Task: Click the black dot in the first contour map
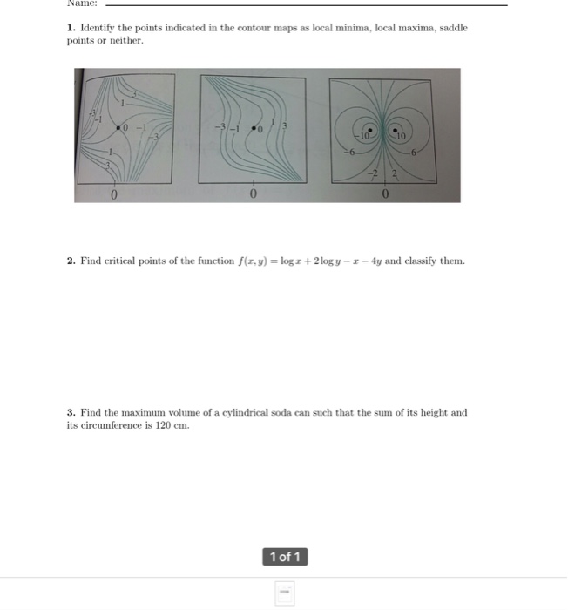click(x=119, y=128)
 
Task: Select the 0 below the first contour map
click(x=114, y=193)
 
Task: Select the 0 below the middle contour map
click(x=253, y=193)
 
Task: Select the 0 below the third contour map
click(x=384, y=193)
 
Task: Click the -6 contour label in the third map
click(x=347, y=152)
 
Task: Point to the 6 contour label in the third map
click(x=414, y=152)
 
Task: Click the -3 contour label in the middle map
click(x=221, y=129)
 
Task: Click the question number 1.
click(x=71, y=28)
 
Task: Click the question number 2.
click(x=71, y=261)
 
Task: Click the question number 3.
click(x=71, y=412)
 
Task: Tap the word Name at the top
click(x=81, y=3)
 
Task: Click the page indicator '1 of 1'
click(x=284, y=557)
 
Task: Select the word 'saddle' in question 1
click(x=453, y=28)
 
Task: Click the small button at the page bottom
click(x=284, y=593)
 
